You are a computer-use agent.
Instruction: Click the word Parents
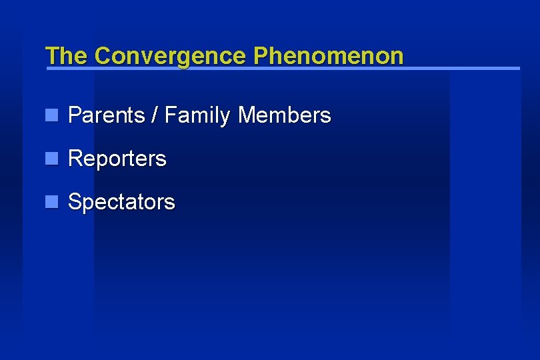coord(106,116)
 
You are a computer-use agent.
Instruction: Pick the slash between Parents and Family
coord(155,116)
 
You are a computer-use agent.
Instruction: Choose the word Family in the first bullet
coord(198,116)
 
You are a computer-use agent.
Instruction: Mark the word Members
coord(284,116)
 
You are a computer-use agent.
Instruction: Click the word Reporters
coord(117,159)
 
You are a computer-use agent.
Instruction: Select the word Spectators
coord(121,202)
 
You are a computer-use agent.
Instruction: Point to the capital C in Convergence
coord(103,56)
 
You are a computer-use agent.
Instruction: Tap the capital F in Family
coord(170,116)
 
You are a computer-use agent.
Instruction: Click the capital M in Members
coord(246,116)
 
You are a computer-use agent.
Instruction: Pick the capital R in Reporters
coord(75,159)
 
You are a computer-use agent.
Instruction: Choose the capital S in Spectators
coord(75,202)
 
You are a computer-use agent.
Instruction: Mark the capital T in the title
coord(51,56)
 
